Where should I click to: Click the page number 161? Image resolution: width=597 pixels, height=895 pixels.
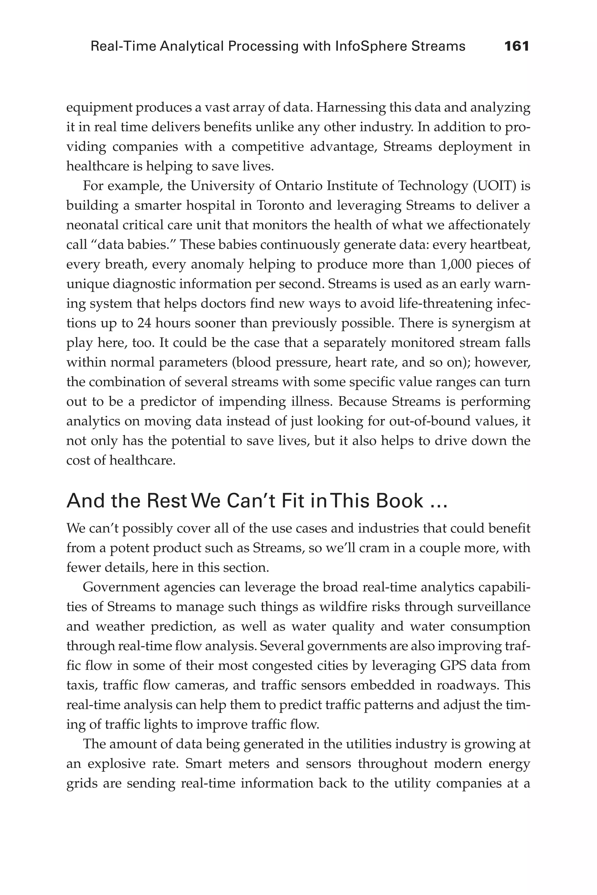point(516,46)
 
